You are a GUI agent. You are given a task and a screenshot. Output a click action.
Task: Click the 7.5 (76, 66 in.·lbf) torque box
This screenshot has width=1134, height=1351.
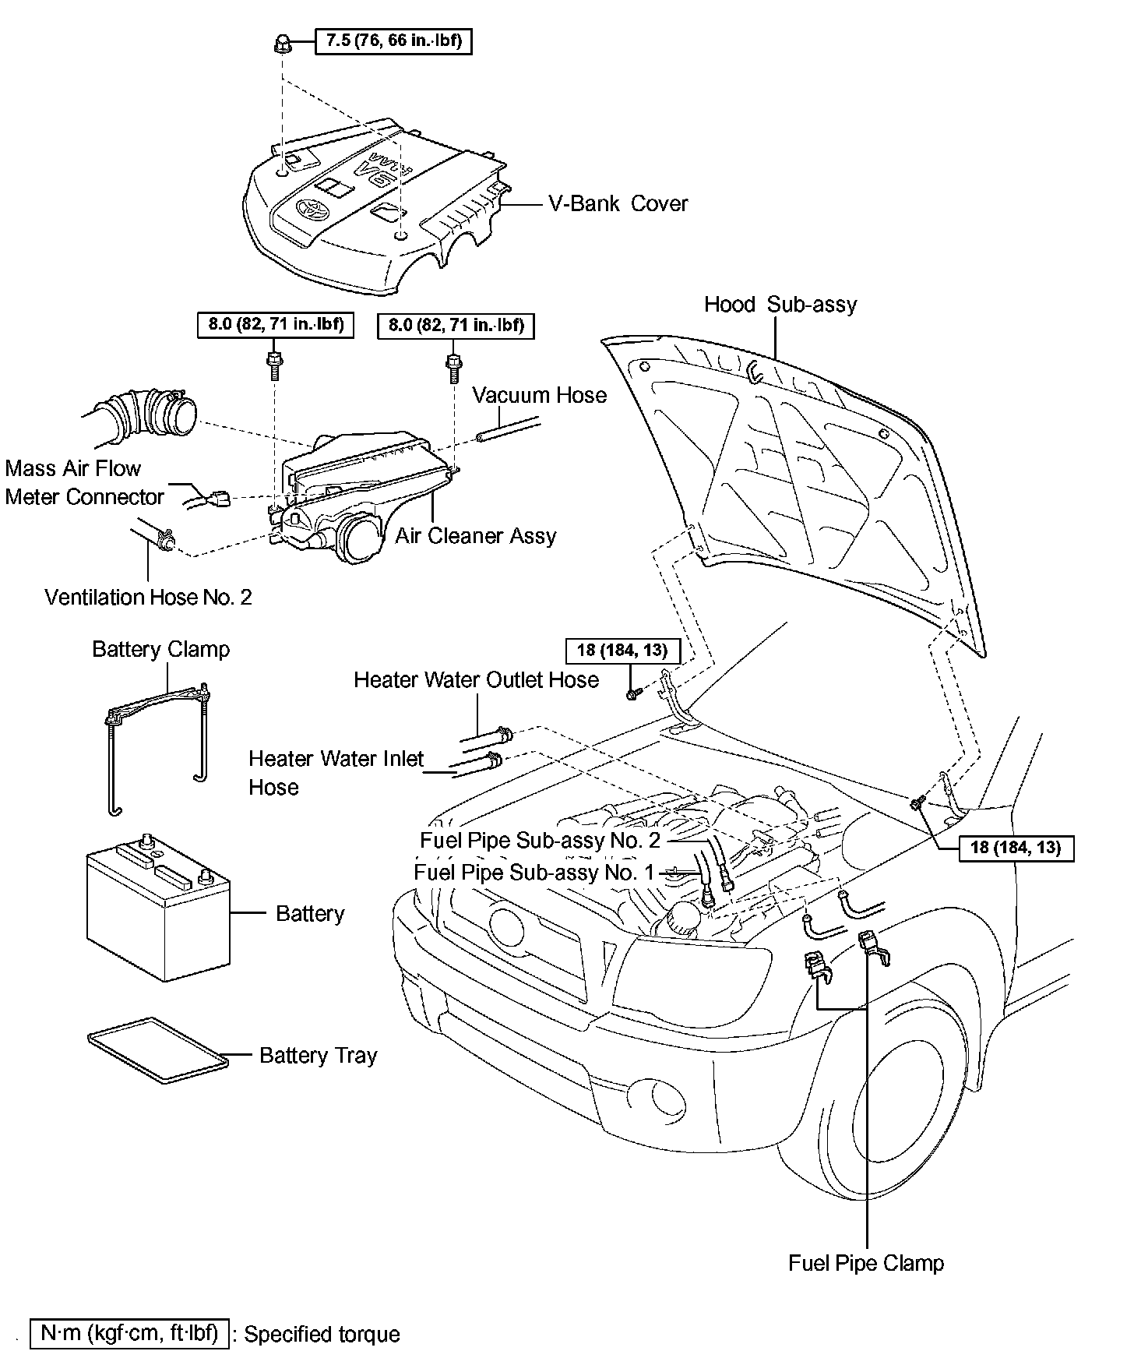point(393,41)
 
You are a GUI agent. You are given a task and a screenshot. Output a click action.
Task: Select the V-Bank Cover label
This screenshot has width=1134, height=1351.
point(618,204)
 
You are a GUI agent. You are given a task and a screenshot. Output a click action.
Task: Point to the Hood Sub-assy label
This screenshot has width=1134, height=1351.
point(780,304)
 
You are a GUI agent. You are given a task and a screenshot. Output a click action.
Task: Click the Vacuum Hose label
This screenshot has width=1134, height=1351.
point(539,395)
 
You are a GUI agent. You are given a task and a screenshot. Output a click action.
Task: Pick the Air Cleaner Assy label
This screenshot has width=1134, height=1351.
point(476,536)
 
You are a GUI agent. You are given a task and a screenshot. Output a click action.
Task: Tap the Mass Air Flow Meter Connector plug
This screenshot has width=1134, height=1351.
point(219,497)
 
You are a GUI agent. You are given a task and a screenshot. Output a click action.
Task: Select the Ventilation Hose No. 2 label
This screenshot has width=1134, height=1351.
point(148,598)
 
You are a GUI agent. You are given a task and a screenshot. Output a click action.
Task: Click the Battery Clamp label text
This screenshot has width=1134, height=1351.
point(160,649)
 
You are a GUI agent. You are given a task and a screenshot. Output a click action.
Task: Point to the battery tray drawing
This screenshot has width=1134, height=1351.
point(158,1050)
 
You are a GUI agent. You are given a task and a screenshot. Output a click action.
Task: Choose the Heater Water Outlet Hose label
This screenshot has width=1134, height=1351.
point(476,680)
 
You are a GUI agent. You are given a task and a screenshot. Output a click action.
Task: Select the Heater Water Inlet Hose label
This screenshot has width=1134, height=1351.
point(336,772)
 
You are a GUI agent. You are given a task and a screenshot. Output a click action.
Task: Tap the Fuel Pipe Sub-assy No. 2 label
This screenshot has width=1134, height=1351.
point(540,840)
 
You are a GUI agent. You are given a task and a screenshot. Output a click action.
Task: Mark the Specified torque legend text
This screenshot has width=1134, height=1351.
point(322,1335)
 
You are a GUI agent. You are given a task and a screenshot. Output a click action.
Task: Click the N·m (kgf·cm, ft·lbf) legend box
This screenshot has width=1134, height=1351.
point(129,1333)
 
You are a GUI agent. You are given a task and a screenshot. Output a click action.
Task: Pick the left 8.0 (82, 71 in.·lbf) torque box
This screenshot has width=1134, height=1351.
point(276,325)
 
